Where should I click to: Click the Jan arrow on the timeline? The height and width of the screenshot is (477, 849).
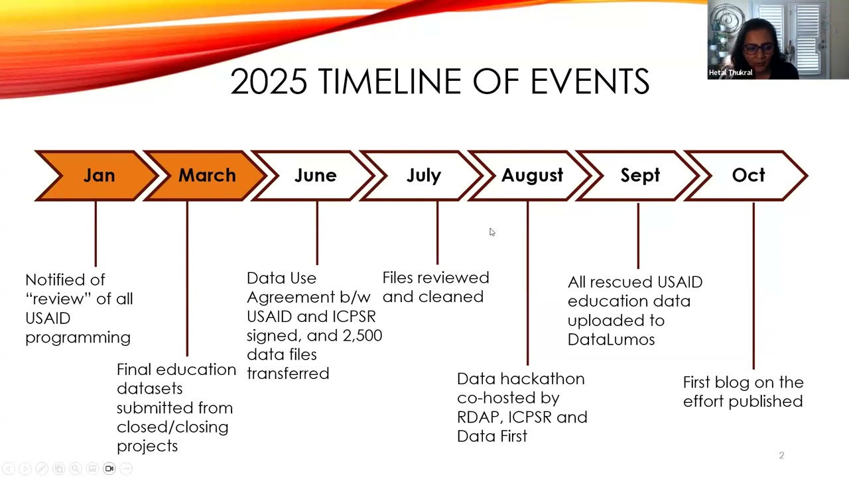97,176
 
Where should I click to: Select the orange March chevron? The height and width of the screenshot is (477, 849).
206,176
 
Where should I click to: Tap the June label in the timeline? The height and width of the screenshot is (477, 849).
315,176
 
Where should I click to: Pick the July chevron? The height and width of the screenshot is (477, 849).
422,176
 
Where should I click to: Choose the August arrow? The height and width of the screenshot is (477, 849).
530,176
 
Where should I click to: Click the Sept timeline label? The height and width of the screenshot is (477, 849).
640,176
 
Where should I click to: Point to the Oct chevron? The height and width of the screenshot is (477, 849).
746,176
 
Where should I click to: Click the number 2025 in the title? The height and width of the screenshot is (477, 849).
269,81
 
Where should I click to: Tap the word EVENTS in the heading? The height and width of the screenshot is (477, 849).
590,81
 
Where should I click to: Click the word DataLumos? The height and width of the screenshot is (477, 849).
611,340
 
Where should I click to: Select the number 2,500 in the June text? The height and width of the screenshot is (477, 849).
362,336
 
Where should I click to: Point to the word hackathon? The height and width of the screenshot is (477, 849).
543,379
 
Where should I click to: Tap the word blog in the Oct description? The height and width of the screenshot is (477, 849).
736,383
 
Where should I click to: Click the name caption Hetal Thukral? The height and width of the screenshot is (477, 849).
730,73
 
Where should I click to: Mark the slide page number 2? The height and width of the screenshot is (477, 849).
781,455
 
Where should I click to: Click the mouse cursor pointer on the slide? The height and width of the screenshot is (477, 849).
492,232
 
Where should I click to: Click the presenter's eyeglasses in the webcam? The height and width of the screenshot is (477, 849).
757,49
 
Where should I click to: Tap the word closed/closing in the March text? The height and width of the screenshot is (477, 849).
172,427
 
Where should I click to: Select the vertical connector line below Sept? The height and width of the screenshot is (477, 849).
638,236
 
